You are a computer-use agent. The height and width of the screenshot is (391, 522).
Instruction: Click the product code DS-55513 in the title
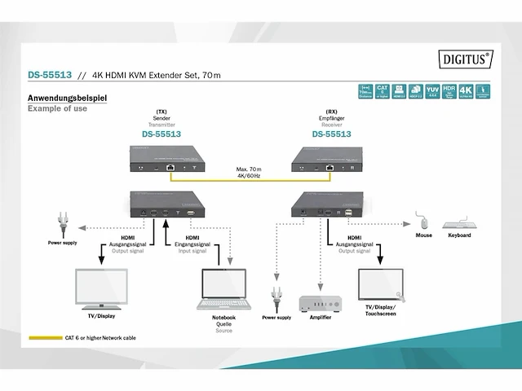pyautogui.click(x=47, y=76)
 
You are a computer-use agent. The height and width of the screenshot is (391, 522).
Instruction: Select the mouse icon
pyautogui.click(x=423, y=222)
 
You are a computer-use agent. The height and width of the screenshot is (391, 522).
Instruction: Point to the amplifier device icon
pyautogui.click(x=321, y=303)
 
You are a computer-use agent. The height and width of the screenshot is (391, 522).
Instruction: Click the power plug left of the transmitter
pyautogui.click(x=63, y=222)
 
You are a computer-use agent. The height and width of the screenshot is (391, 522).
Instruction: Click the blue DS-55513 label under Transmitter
pyautogui.click(x=161, y=134)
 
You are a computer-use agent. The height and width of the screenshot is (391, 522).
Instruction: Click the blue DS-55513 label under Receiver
pyautogui.click(x=331, y=134)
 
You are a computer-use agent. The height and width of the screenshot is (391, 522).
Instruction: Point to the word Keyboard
pyautogui.click(x=459, y=235)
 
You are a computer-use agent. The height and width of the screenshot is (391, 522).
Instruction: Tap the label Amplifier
pyautogui.click(x=320, y=317)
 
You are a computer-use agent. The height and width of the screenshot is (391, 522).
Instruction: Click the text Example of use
pyautogui.click(x=57, y=108)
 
